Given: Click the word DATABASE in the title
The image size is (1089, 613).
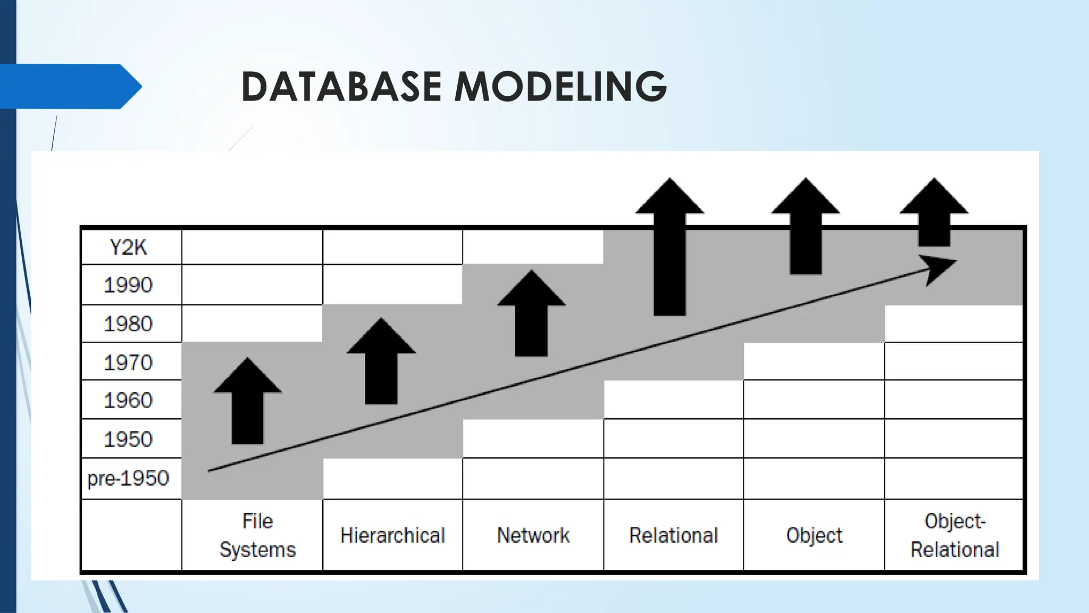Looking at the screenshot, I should [341, 86].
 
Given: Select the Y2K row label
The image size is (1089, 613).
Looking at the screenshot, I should [128, 247].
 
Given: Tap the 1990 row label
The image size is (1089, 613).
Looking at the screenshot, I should [128, 285].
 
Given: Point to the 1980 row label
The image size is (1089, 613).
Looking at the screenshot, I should [128, 324].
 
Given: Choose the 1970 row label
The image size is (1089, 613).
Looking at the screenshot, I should [128, 363].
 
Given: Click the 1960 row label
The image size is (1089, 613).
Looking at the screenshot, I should [128, 401].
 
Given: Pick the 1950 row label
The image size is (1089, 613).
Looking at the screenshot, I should [128, 440].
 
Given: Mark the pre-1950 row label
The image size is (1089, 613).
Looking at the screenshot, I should [128, 478].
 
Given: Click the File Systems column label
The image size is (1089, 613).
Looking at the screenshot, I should [257, 535].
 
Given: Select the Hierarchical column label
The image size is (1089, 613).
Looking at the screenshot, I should [392, 535].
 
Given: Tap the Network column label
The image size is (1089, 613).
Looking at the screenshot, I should [533, 535].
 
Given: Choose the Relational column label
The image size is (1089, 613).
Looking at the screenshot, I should [673, 535].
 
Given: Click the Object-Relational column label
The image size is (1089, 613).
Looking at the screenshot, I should [954, 535].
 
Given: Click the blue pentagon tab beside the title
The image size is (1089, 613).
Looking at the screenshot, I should [69, 86].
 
